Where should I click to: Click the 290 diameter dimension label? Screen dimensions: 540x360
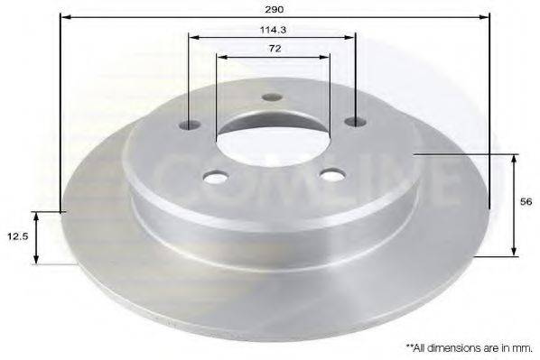click(x=275, y=10)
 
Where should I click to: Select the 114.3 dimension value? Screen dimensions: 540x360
click(x=273, y=30)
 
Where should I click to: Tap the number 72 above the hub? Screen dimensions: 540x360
click(x=275, y=49)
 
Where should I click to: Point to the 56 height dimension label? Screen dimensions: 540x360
click(x=526, y=202)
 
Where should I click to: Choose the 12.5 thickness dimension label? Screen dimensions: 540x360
click(x=18, y=236)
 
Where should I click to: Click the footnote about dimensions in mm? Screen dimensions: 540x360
click(x=470, y=348)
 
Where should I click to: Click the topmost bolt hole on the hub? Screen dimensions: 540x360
click(x=272, y=97)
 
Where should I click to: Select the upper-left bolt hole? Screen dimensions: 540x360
click(x=190, y=125)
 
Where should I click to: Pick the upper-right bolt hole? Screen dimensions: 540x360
click(x=356, y=121)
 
